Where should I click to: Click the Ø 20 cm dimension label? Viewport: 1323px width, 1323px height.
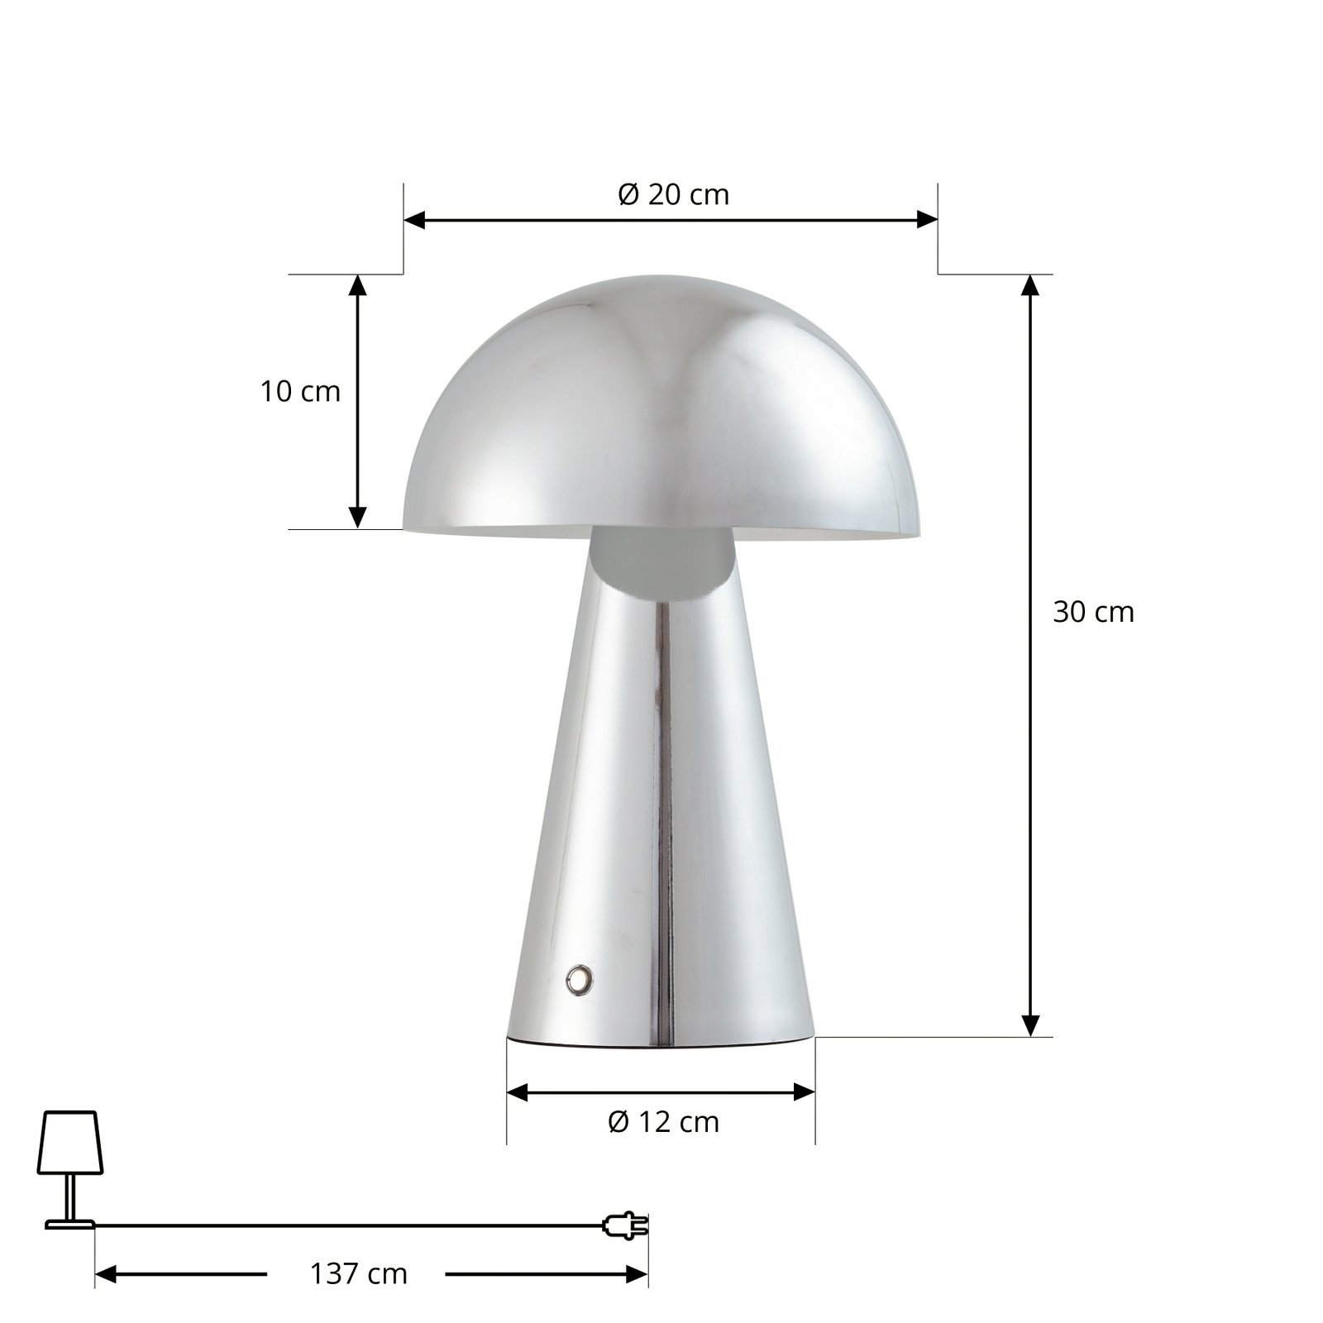[673, 195]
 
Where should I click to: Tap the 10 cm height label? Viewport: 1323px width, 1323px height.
[300, 391]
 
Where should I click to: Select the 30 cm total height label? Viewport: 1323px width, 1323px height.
[1093, 613]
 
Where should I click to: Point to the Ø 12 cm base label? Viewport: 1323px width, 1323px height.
[663, 1123]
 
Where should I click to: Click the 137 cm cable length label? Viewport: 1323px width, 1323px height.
[359, 1274]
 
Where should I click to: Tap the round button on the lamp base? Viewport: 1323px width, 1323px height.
[579, 980]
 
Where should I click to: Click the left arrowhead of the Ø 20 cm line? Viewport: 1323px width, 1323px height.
[413, 220]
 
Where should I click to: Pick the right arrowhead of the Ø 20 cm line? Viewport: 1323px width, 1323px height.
[928, 220]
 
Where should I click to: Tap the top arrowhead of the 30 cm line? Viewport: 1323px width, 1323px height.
[1029, 284]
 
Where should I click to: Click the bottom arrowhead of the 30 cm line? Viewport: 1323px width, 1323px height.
[1029, 1025]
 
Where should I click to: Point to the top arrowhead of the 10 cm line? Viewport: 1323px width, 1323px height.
[357, 284]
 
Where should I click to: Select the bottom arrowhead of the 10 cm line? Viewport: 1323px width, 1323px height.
[357, 518]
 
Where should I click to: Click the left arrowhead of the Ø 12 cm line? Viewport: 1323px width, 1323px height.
[517, 1093]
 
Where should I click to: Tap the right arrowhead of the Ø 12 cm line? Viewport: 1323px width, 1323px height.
[805, 1093]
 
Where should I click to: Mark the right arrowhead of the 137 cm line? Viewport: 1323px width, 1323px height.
[638, 1274]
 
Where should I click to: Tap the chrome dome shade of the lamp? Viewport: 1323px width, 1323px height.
[661, 405]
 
